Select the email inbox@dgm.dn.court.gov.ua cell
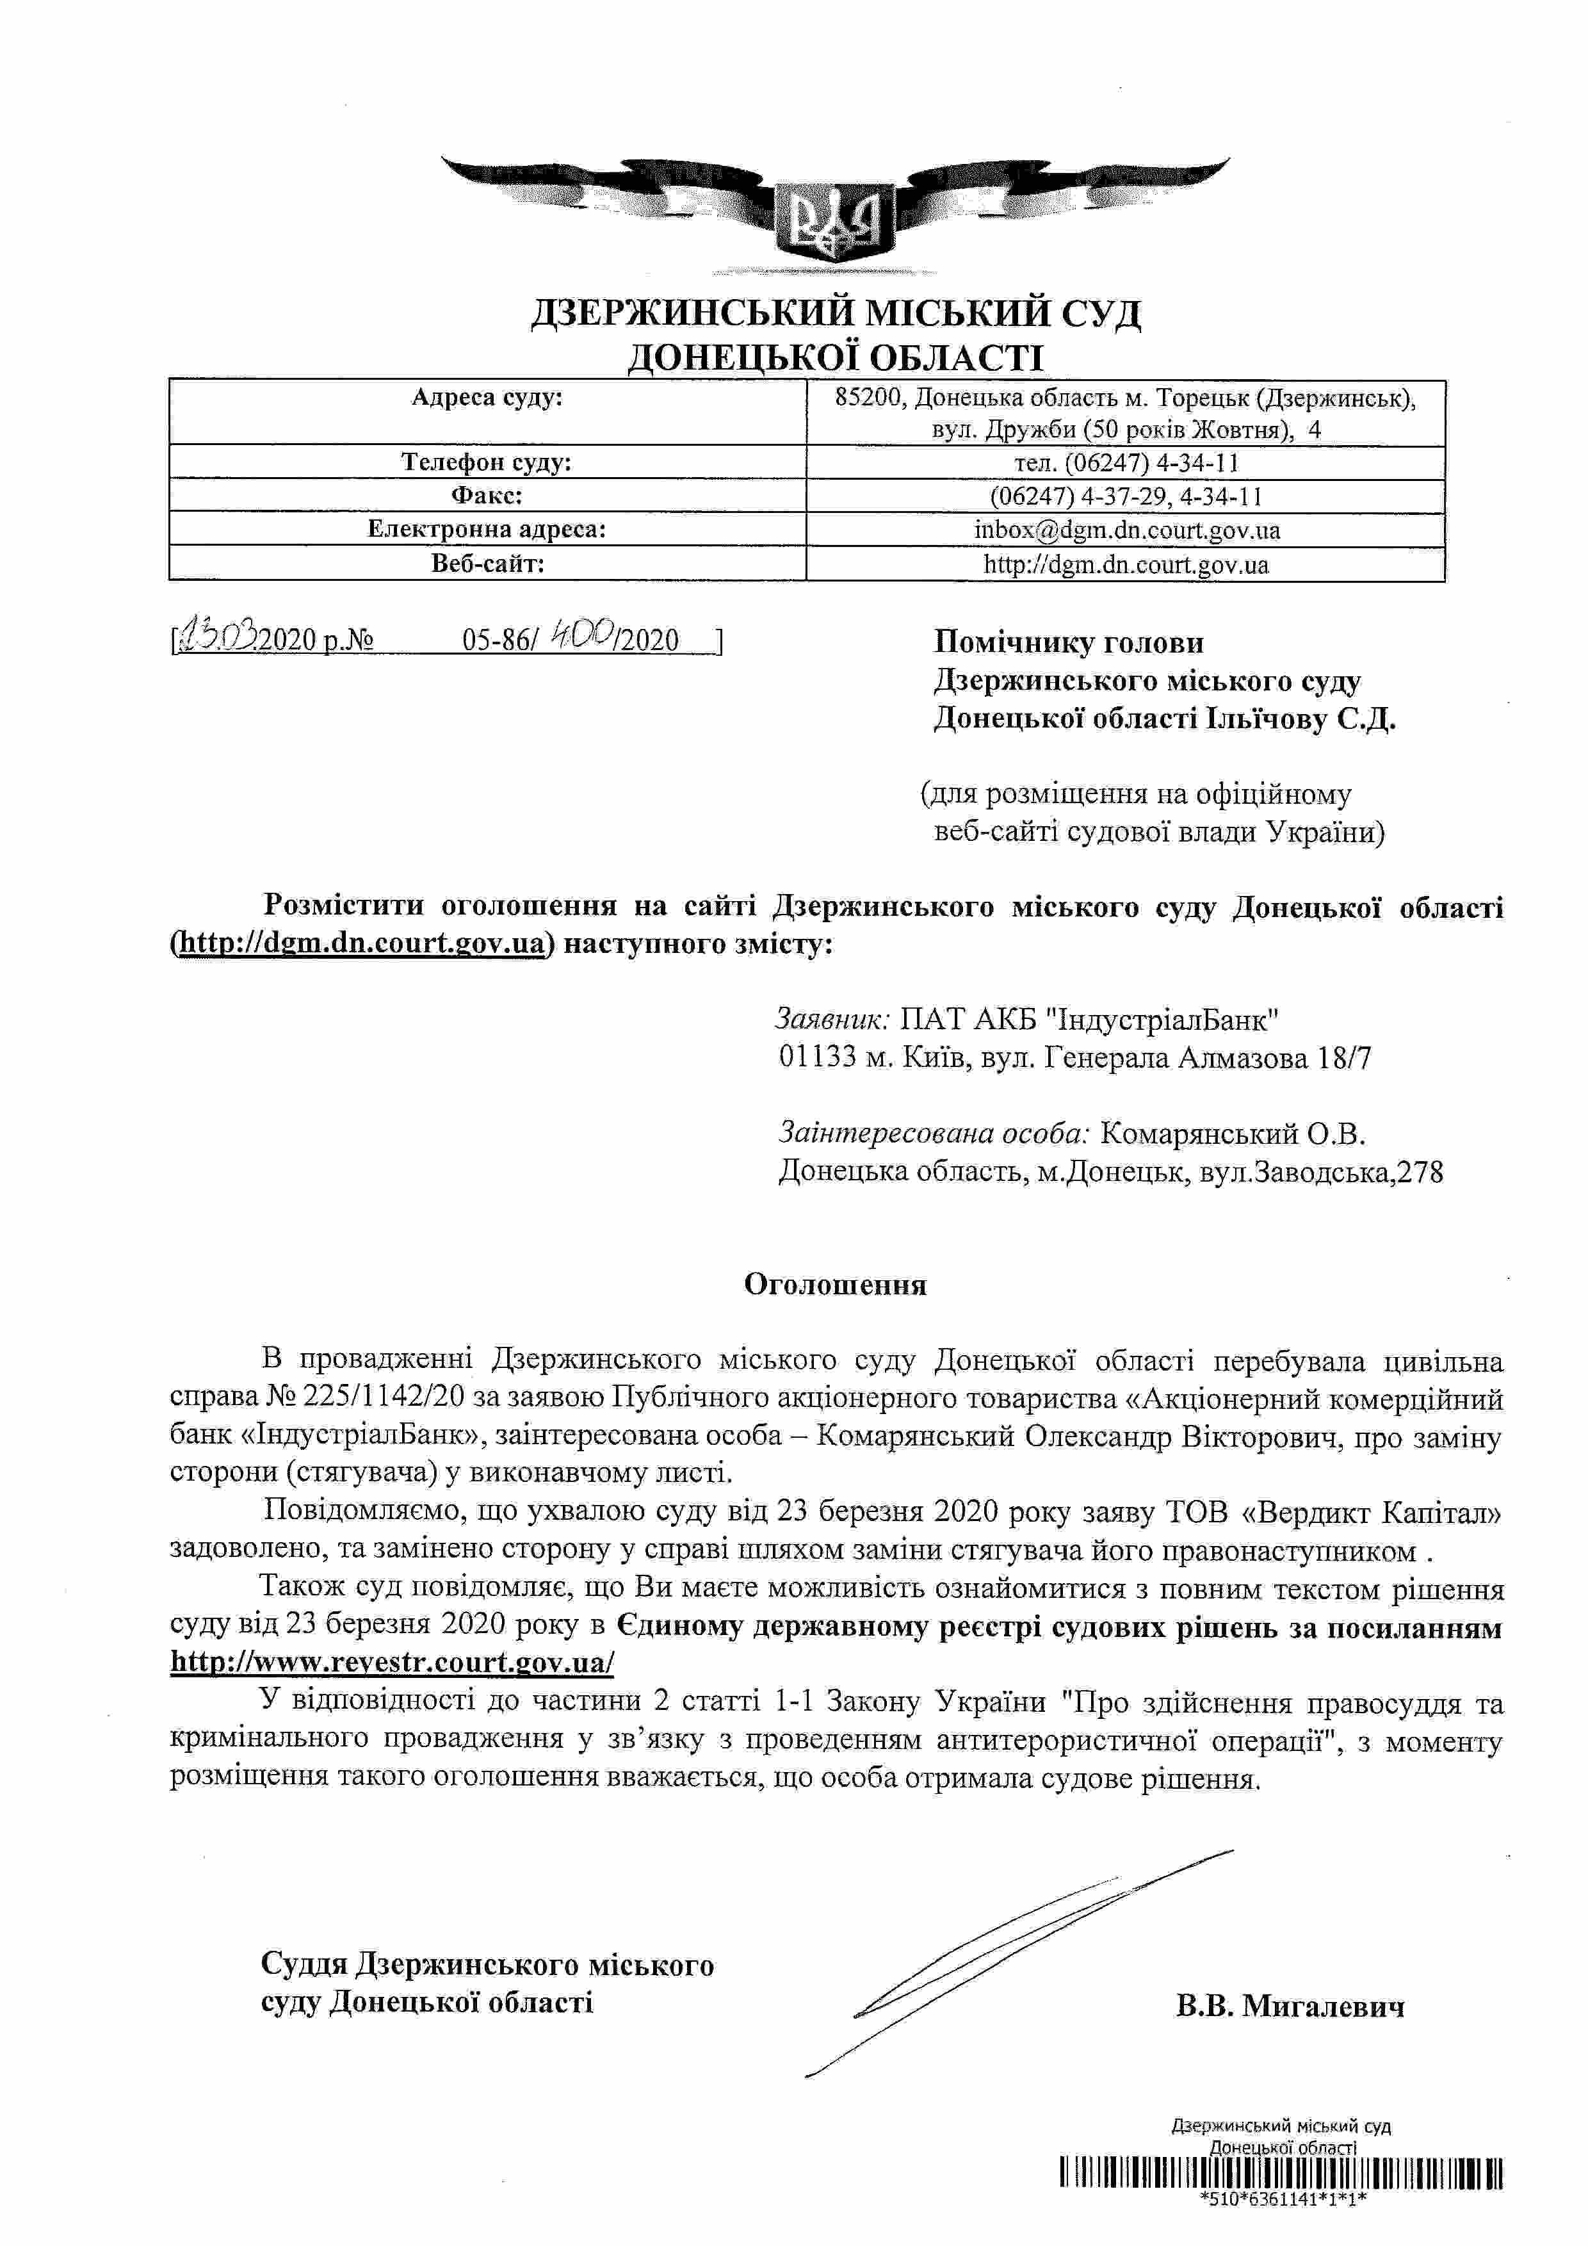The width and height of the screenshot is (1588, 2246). point(1126,530)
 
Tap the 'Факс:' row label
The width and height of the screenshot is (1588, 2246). point(487,496)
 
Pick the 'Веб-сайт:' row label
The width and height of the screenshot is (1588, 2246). point(487,564)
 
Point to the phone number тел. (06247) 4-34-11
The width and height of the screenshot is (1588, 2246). point(1126,462)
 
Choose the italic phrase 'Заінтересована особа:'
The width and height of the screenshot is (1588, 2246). point(934,1134)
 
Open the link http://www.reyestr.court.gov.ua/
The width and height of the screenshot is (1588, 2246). point(392,1662)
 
